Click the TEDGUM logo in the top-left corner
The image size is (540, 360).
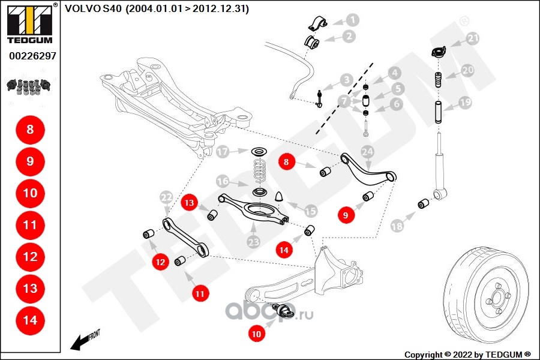30,23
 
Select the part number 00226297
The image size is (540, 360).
32,56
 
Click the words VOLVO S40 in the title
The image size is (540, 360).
93,8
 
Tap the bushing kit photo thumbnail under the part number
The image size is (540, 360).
29,86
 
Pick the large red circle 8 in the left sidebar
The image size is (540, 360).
31,130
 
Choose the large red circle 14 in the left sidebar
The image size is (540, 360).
31,320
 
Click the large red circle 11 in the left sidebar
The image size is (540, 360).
31,225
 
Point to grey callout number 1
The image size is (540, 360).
352,20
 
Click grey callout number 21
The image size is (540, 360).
473,38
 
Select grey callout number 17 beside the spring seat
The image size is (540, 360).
223,152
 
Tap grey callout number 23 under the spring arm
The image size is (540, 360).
253,242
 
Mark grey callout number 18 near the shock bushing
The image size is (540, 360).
397,226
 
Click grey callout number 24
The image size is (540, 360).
367,152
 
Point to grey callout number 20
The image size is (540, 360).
467,70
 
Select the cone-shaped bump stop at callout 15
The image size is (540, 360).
279,196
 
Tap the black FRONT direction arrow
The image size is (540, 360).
80,342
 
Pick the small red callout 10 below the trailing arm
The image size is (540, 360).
257,334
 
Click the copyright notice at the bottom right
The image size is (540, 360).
467,355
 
